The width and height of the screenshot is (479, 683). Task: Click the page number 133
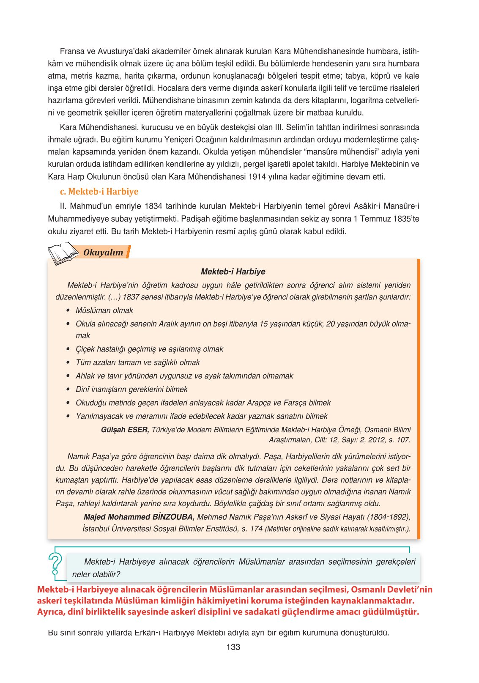(233, 647)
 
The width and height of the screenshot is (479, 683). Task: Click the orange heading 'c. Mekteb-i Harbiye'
(99, 192)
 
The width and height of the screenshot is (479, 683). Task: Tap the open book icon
(63, 253)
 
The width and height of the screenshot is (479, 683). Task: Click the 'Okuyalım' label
(103, 252)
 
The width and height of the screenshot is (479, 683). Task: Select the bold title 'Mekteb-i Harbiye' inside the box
(233, 272)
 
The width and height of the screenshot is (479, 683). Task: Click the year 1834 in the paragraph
(153, 206)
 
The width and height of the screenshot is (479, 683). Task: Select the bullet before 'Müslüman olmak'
(68, 310)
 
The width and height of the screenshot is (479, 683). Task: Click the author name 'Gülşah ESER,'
(125, 430)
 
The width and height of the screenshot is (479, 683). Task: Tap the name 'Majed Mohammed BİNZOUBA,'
(139, 517)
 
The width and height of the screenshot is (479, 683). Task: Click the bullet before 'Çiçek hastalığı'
(68, 349)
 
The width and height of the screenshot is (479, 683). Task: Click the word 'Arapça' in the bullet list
(260, 403)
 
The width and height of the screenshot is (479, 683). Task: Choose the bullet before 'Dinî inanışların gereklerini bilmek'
(68, 389)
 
